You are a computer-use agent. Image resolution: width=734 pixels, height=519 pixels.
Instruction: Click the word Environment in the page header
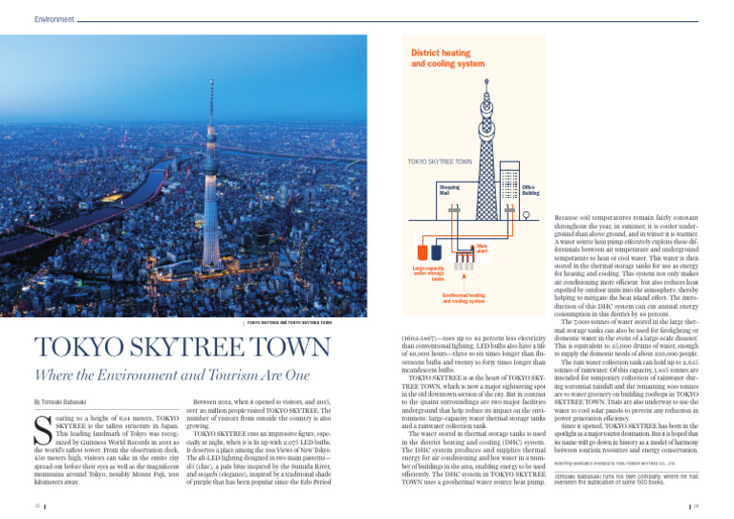[53, 17]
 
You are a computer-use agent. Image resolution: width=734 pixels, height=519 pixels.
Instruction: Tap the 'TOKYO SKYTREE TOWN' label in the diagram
[441, 162]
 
